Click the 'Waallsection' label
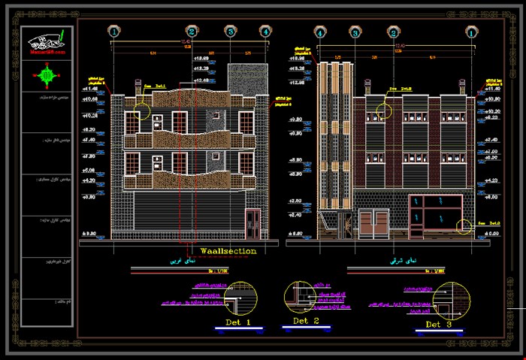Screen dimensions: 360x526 click(228, 251)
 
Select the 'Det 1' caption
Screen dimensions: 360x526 click(237, 322)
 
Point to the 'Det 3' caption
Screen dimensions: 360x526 click(438, 324)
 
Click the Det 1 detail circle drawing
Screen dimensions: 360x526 click(240, 296)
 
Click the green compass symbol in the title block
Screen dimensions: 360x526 click(48, 74)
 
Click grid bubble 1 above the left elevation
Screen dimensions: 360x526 click(113, 32)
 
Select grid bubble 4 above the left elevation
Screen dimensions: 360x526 click(265, 32)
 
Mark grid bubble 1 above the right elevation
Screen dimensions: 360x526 click(471, 32)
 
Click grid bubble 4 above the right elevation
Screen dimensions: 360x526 click(319, 32)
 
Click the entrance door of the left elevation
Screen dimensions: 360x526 click(252, 223)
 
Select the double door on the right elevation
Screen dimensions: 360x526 click(373, 223)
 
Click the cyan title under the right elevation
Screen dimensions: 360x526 click(412, 262)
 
